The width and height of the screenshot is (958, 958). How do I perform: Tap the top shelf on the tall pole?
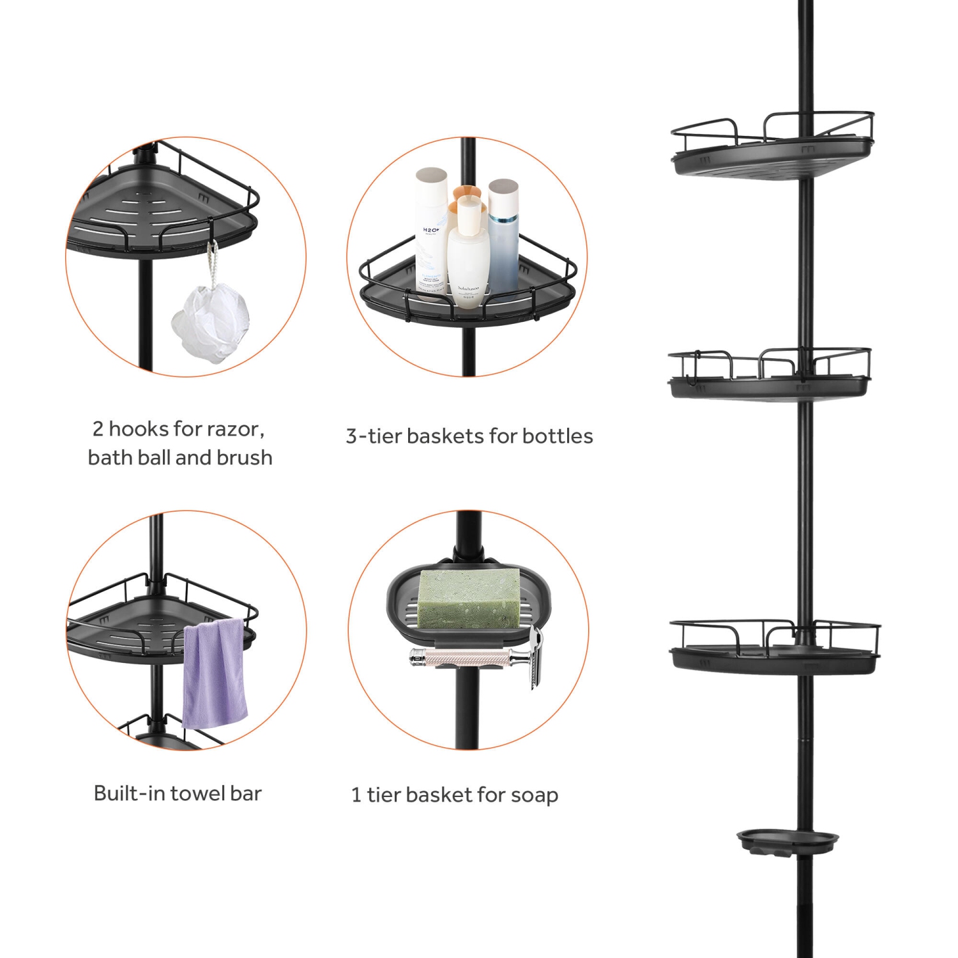(772, 150)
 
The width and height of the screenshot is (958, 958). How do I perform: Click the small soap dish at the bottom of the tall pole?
(787, 841)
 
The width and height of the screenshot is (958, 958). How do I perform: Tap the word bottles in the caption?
(557, 436)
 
